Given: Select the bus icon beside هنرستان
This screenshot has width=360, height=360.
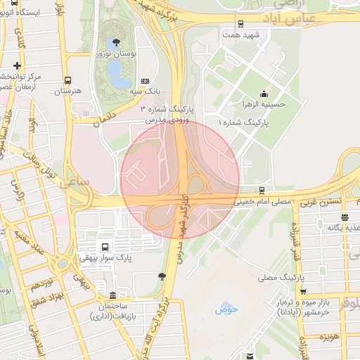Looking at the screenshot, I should click(67, 80).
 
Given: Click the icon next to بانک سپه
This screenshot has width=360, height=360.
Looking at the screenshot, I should click(145, 81).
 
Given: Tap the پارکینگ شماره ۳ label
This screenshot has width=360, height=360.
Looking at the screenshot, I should click(171, 110).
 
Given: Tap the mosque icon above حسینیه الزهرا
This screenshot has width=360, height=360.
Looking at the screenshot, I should click(264, 94).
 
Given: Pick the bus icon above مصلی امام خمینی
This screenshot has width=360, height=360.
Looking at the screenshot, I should click(262, 190).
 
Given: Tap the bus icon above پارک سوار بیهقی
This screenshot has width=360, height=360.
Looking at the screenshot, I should click(105, 247).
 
